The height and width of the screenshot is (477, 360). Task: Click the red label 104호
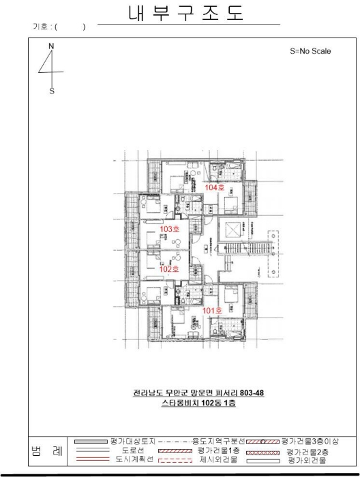click(215, 187)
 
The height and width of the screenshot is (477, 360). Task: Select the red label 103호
click(170, 229)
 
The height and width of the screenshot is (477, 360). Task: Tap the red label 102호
click(169, 269)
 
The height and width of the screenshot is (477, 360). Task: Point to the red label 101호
click(212, 311)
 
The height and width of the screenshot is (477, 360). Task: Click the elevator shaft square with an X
click(232, 230)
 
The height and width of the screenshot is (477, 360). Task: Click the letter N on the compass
click(51, 46)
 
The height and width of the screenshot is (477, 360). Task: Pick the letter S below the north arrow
click(52, 91)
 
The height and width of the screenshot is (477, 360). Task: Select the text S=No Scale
click(310, 51)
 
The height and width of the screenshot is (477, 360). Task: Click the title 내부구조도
click(186, 13)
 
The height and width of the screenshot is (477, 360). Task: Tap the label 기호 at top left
click(40, 27)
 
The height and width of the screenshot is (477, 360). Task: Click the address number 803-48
click(252, 393)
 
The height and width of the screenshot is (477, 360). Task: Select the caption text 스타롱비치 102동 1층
click(198, 403)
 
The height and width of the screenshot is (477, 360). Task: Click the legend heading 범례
click(46, 451)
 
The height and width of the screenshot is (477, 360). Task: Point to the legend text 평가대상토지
click(133, 441)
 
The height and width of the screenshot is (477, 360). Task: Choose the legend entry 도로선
click(133, 450)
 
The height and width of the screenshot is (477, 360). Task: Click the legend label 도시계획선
click(134, 459)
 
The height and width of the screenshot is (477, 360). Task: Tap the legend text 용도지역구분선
click(218, 441)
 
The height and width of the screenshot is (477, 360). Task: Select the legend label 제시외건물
click(218, 459)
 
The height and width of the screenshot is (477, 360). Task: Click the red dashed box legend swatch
click(175, 460)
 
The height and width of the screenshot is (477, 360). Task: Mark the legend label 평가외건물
click(307, 460)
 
